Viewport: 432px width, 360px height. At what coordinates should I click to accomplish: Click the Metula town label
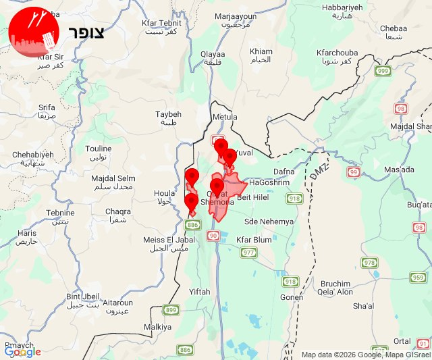(x=225, y=117)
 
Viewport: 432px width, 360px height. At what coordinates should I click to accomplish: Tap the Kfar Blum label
(x=254, y=240)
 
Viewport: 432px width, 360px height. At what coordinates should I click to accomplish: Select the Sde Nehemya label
(x=269, y=222)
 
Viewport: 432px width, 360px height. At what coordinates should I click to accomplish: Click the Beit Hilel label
(x=254, y=197)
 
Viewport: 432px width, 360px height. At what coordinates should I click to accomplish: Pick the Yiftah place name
(x=200, y=291)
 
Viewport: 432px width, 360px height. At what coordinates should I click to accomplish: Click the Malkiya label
(x=158, y=327)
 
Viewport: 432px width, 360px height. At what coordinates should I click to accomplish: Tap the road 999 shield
(x=383, y=71)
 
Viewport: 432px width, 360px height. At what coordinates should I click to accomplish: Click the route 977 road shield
(x=249, y=253)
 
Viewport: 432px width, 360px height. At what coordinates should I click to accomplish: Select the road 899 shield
(x=171, y=309)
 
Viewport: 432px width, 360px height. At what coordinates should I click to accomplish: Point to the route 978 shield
(x=369, y=263)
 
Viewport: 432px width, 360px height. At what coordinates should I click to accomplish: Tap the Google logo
(x=22, y=352)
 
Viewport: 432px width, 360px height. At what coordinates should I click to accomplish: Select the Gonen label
(x=292, y=297)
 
